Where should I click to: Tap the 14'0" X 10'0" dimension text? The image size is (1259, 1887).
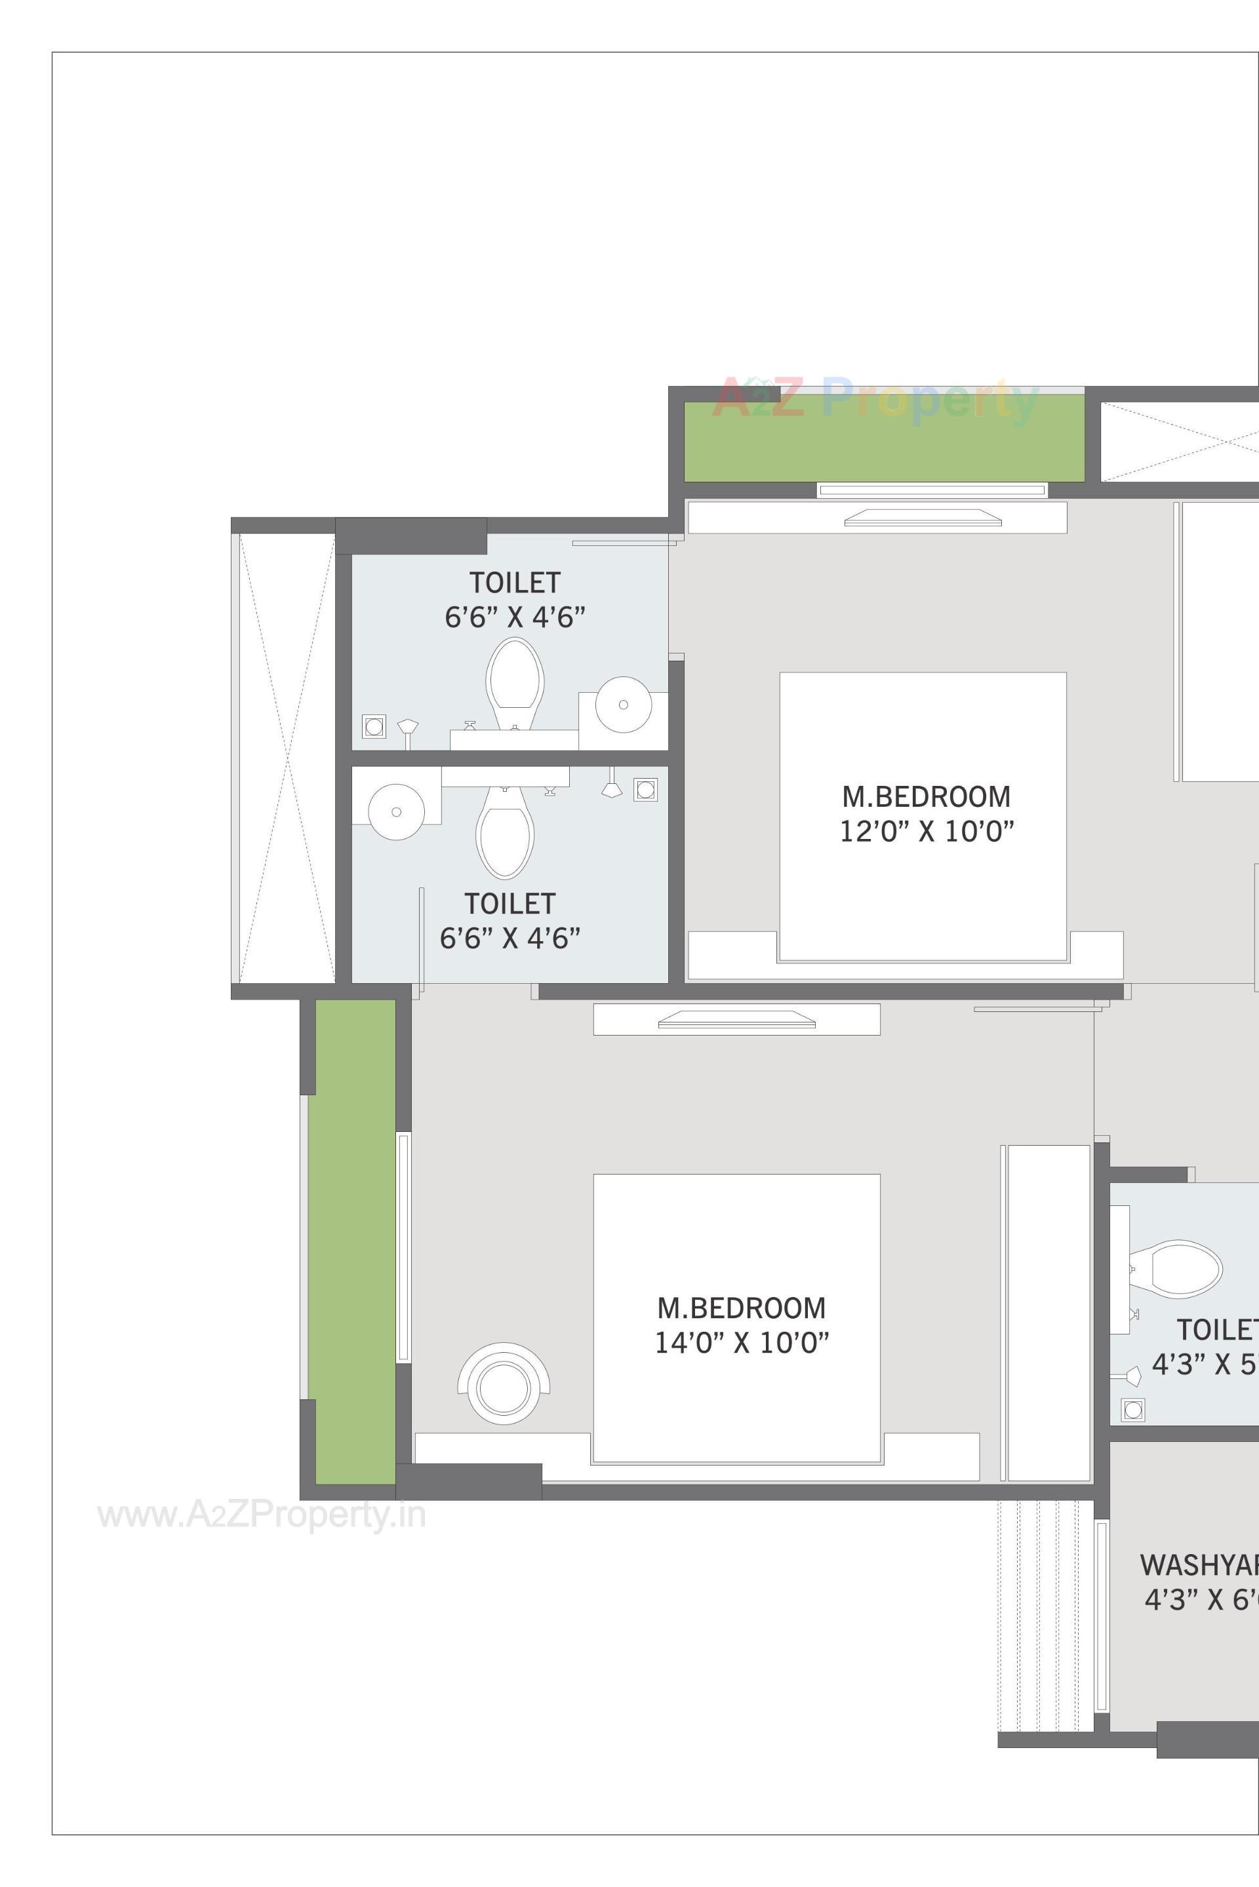coord(741,1343)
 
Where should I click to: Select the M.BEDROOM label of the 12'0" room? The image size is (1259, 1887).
coord(926,796)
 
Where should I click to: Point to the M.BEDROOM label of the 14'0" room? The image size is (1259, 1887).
coord(741,1308)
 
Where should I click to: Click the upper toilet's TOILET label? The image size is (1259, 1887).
coord(515,582)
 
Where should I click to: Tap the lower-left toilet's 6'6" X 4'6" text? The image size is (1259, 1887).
coord(510,937)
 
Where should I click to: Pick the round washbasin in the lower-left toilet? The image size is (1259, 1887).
coord(396,811)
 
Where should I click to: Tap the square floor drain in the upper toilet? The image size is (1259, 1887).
coord(373,726)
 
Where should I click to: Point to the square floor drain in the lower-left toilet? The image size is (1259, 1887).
coord(645,789)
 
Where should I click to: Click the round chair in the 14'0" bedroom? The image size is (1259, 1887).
coord(504,1389)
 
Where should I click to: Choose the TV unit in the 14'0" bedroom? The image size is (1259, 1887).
coord(736,1020)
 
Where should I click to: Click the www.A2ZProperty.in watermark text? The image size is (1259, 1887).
coord(262,1515)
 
